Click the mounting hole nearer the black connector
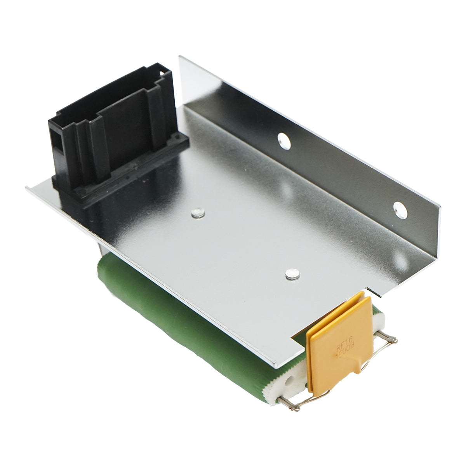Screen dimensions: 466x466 click(x=284, y=141)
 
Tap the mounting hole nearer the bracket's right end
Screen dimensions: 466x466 click(x=400, y=210)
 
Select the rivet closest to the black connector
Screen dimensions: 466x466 click(x=198, y=212)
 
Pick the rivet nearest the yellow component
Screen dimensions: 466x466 click(x=292, y=275)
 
